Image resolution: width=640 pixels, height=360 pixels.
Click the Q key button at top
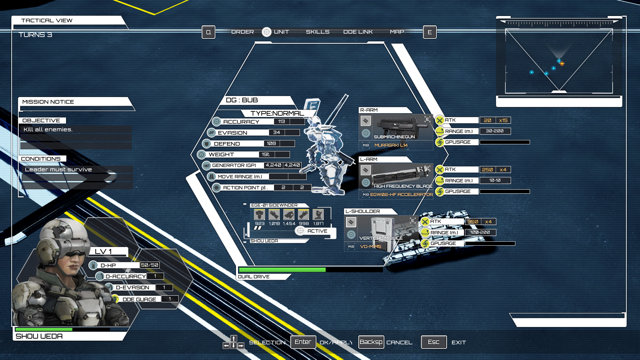pos(208,32)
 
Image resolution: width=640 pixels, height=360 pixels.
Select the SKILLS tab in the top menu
pos(318,32)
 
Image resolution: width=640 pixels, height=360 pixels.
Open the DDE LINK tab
pos(358,32)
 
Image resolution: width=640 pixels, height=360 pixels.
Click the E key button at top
pos(430,32)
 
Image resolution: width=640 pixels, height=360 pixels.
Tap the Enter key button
pos(303,342)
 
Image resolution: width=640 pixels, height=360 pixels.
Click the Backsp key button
pos(371,342)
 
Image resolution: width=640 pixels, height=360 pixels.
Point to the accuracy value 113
pos(282,122)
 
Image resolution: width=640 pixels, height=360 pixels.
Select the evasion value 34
pos(277,133)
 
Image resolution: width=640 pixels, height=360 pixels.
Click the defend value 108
pos(271,144)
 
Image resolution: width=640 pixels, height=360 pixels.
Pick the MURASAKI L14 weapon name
pos(391,145)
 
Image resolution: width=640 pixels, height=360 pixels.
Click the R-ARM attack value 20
pos(487,120)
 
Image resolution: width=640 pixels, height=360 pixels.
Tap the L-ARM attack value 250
pos(487,170)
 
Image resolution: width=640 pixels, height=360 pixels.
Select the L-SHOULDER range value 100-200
pos(480,232)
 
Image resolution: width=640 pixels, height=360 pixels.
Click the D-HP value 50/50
pos(149,265)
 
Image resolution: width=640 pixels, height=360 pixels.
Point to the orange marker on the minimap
pos(562,64)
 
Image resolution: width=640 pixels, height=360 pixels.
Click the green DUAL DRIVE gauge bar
pos(282,270)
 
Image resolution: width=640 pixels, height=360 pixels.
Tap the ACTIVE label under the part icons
pos(317,231)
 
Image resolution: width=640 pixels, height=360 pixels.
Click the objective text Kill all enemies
pos(48,130)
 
